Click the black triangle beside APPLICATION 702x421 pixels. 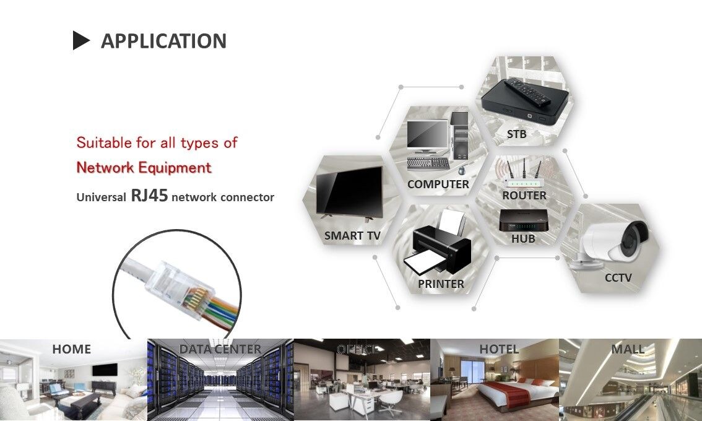[81, 41]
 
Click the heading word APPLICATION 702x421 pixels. [163, 41]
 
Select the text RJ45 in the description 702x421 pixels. [149, 196]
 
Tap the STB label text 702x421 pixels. [517, 134]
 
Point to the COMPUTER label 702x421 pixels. [438, 184]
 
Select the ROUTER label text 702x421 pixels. [524, 195]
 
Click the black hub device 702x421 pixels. [523, 219]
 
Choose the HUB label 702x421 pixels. [523, 238]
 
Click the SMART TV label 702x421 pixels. [352, 235]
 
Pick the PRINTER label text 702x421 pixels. [441, 284]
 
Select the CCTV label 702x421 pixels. [618, 277]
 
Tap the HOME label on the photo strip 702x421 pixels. [71, 349]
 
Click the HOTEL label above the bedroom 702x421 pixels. [499, 349]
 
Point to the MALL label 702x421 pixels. [628, 349]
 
